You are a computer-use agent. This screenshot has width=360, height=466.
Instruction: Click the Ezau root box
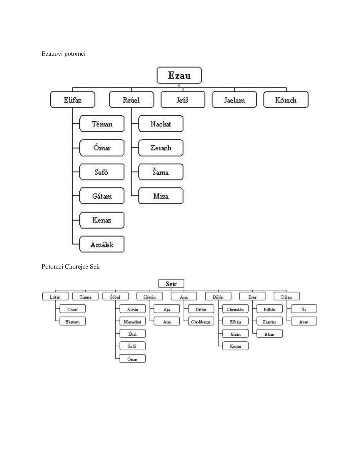pyautogui.click(x=179, y=76)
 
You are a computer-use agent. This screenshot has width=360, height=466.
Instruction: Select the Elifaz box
pyautogui.click(x=73, y=100)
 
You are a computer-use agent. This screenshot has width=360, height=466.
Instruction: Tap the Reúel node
pyautogui.click(x=131, y=100)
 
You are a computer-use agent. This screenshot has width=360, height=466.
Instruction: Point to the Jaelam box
pyautogui.click(x=234, y=100)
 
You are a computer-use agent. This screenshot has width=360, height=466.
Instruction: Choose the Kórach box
pyautogui.click(x=286, y=100)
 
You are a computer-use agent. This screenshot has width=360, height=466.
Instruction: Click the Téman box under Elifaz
pyautogui.click(x=102, y=124)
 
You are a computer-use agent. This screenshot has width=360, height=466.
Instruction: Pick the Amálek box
pyautogui.click(x=102, y=244)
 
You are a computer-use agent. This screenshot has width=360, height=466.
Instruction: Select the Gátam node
pyautogui.click(x=102, y=196)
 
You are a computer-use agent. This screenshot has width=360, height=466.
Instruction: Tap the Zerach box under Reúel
pyautogui.click(x=161, y=148)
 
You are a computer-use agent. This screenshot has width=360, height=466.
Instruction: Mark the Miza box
pyautogui.click(x=161, y=196)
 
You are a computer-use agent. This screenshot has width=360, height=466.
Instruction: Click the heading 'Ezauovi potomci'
pyautogui.click(x=64, y=54)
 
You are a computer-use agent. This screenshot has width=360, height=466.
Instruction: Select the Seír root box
pyautogui.click(x=171, y=284)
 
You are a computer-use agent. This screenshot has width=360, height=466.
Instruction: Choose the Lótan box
pyautogui.click(x=55, y=297)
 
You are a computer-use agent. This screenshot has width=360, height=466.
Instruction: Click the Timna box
pyautogui.click(x=85, y=297)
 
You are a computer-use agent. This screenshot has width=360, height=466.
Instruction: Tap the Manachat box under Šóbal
pyautogui.click(x=132, y=322)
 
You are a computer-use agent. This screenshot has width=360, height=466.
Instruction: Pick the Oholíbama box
pyautogui.click(x=201, y=322)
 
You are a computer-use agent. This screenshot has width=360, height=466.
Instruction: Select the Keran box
pyautogui.click(x=235, y=346)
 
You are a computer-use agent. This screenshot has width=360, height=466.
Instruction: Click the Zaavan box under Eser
pyautogui.click(x=269, y=322)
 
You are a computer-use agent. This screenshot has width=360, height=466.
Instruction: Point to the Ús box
pyautogui.click(x=304, y=309)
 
